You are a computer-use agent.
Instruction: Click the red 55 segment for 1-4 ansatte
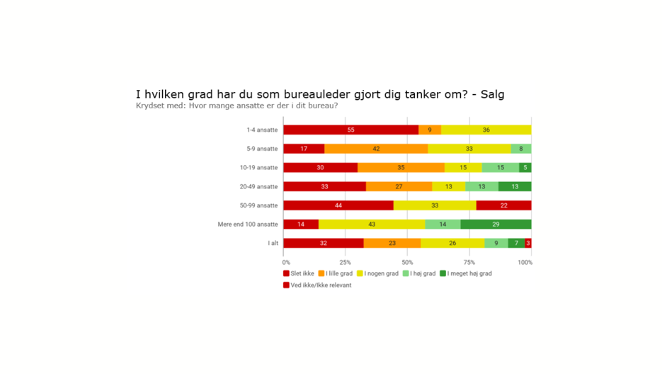pos(350,130)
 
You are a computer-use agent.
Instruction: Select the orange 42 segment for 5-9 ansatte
pos(376,149)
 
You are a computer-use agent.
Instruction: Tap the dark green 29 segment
pos(496,225)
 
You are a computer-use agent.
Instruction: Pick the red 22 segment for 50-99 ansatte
pos(503,205)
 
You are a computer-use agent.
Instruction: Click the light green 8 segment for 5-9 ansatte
pos(521,149)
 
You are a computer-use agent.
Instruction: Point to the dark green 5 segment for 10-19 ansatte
pos(525,168)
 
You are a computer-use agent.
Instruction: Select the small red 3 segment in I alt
pos(528,243)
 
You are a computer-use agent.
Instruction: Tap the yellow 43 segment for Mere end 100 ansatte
pos(372,225)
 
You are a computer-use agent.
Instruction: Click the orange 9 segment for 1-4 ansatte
pos(430,130)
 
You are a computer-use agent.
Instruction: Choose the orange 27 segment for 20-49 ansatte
pos(399,186)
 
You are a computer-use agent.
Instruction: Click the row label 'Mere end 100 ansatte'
pos(248,225)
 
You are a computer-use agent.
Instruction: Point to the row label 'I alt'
pos(273,243)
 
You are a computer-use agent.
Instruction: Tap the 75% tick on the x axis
pos(469,262)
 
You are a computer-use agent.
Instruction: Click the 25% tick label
pos(345,262)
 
